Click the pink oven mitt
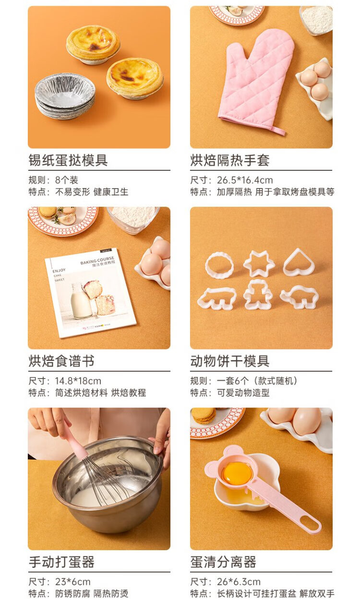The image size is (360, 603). [256, 81]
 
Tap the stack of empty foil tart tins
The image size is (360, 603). [65, 96]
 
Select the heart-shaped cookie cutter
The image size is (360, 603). [299, 262]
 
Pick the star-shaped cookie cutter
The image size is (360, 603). [259, 263]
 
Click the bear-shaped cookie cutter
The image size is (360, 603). [258, 295]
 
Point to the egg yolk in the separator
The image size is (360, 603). [238, 473]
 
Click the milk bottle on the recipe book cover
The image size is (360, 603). [81, 301]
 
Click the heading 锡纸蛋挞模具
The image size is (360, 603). [68, 160]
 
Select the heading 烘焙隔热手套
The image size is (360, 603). [229, 160]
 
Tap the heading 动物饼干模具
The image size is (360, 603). [229, 361]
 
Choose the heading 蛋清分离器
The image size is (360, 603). [223, 562]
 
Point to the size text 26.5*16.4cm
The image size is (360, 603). [245, 180]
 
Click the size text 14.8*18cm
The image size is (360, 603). [78, 381]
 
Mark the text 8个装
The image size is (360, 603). [67, 180]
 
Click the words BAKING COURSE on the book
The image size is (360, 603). [97, 260]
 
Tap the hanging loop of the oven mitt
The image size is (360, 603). [278, 130]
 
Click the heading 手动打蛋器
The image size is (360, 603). [61, 562]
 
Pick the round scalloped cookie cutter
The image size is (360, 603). [219, 265]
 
